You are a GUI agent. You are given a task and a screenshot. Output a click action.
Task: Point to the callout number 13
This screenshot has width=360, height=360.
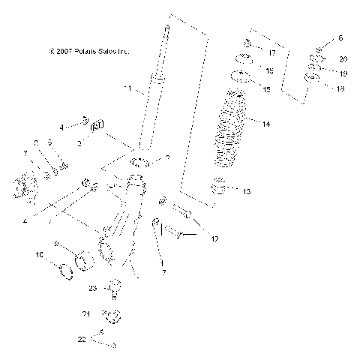247,192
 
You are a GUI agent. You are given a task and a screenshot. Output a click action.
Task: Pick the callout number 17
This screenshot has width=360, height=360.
271,54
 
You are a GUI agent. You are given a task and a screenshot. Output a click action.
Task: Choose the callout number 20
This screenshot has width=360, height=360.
343,58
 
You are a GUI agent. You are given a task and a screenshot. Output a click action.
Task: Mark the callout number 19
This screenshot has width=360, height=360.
343,74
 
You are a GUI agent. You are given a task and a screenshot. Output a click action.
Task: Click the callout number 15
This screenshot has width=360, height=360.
266,89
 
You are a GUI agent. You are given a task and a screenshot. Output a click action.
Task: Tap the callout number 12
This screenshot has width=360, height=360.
214,240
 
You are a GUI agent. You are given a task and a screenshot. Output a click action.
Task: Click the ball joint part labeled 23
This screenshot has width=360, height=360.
115,286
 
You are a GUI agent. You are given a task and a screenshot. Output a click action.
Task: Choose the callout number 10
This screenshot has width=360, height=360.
40,255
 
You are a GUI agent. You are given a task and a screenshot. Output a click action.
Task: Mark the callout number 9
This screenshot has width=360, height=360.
55,243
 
